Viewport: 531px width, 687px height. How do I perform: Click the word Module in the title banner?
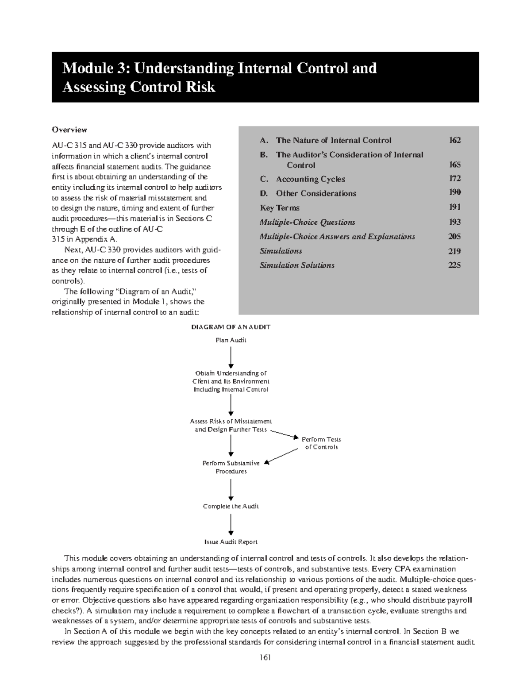pyautogui.click(x=90, y=68)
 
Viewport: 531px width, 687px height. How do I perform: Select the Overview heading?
pyautogui.click(x=69, y=130)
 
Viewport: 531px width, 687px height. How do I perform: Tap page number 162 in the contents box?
pyautogui.click(x=454, y=140)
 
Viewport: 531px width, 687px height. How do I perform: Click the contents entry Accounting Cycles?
pyautogui.click(x=310, y=179)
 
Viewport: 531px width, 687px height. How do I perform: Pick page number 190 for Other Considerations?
pyautogui.click(x=454, y=193)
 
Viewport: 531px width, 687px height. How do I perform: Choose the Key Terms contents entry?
pyautogui.click(x=280, y=207)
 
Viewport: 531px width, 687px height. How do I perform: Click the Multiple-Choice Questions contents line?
pyautogui.click(x=307, y=222)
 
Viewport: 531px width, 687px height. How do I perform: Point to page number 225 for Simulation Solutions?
pyautogui.click(x=454, y=265)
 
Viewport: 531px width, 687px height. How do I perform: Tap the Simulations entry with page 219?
pyautogui.click(x=281, y=251)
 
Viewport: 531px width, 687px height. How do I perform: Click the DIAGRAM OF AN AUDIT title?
pyautogui.click(x=231, y=327)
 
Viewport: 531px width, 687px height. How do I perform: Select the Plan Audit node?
pyautogui.click(x=231, y=340)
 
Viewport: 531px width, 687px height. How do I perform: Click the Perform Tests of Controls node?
pyautogui.click(x=321, y=443)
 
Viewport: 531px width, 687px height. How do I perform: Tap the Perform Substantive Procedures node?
pyautogui.click(x=231, y=467)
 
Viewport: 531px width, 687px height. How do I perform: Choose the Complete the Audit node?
pyautogui.click(x=231, y=506)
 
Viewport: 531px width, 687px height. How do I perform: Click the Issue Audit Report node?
pyautogui.click(x=231, y=542)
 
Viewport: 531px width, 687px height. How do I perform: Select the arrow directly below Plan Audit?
pyautogui.click(x=231, y=357)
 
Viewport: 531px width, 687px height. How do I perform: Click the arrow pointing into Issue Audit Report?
pyautogui.click(x=231, y=526)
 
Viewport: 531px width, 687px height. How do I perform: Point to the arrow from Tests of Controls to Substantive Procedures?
pyautogui.click(x=282, y=457)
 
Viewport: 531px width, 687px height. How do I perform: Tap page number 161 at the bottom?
pyautogui.click(x=265, y=657)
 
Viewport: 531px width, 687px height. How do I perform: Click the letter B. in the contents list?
pyautogui.click(x=264, y=155)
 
